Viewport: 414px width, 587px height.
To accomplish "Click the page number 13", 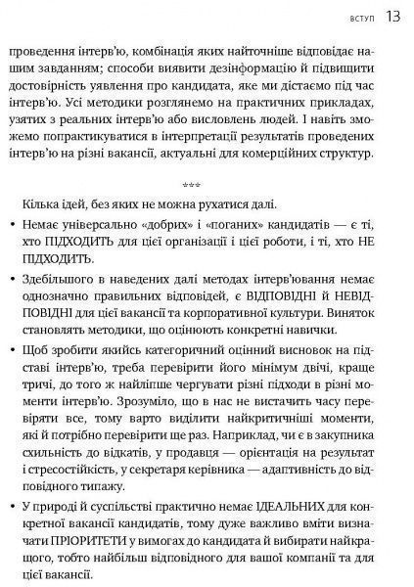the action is tap(391, 17).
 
